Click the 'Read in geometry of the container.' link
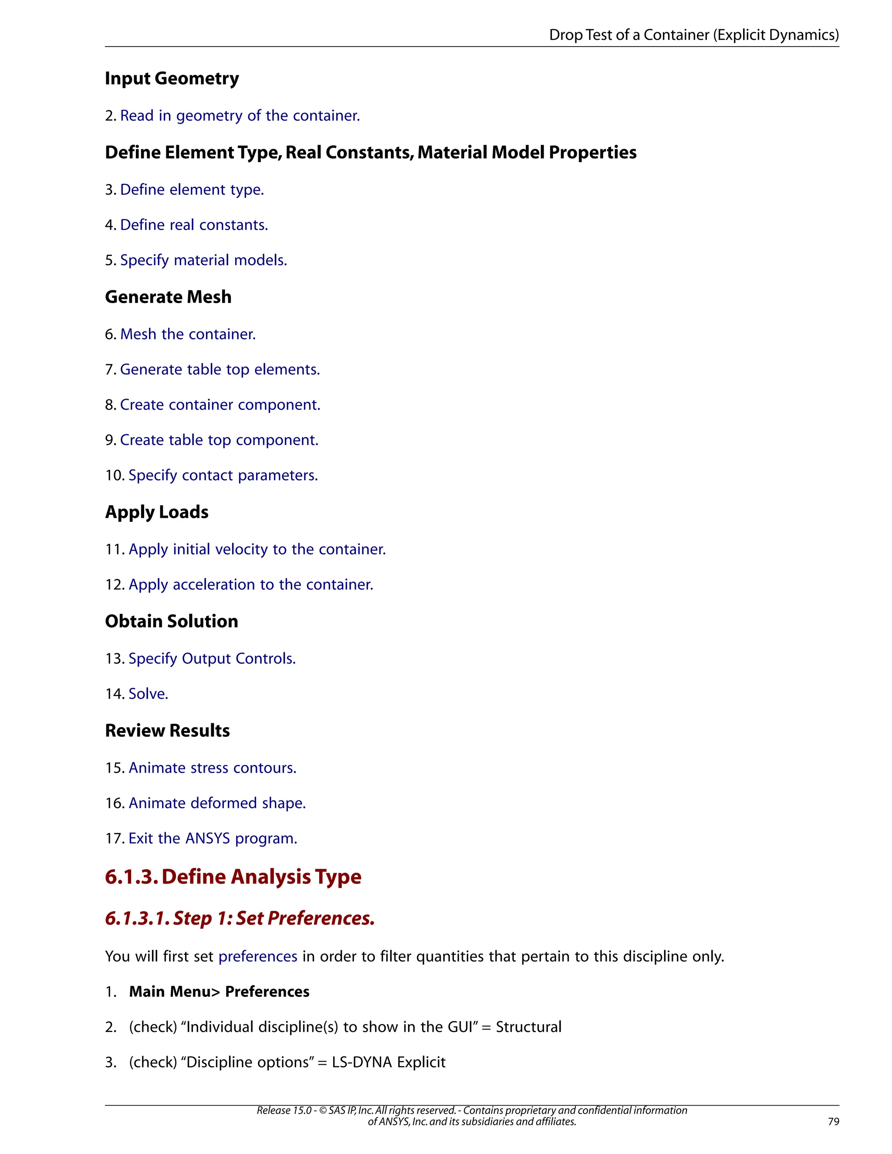click(x=240, y=116)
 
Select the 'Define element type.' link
click(x=192, y=190)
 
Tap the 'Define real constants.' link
click(x=194, y=225)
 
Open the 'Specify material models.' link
click(x=203, y=260)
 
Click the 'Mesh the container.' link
click(x=188, y=334)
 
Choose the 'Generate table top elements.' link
click(x=220, y=370)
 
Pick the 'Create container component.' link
click(x=220, y=405)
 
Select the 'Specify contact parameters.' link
click(x=223, y=476)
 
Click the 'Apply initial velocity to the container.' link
click(x=257, y=550)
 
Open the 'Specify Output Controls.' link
click(x=212, y=659)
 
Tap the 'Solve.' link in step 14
click(x=149, y=694)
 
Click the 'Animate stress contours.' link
click(x=213, y=768)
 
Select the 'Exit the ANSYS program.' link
click(x=213, y=839)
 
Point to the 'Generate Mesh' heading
click(x=168, y=297)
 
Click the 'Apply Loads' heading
click(x=156, y=512)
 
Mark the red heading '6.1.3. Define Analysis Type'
click(x=233, y=877)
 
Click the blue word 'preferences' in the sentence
click(x=258, y=956)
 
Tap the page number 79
click(x=833, y=1121)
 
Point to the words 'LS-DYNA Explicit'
click(x=389, y=1062)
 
